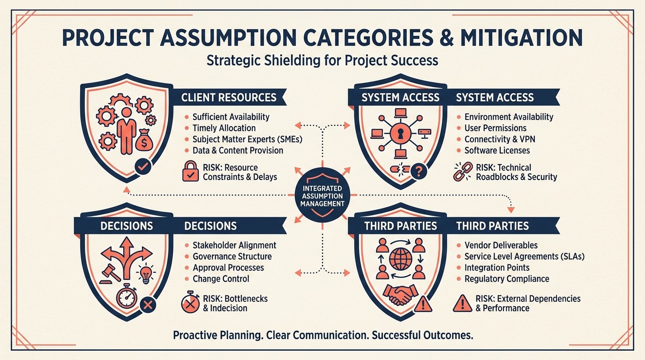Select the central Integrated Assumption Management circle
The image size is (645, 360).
point(322,195)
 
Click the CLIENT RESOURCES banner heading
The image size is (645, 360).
point(229,97)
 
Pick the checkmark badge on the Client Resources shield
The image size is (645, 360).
point(142,166)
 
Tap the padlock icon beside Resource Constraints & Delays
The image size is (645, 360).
point(190,172)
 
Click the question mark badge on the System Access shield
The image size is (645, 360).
point(418,172)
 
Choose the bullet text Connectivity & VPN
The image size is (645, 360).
point(499,139)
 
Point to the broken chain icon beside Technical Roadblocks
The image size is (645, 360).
point(462,172)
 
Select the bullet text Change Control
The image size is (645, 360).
point(221,279)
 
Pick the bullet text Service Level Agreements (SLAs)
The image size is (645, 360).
point(524,256)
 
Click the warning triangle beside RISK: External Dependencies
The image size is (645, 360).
point(462,303)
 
